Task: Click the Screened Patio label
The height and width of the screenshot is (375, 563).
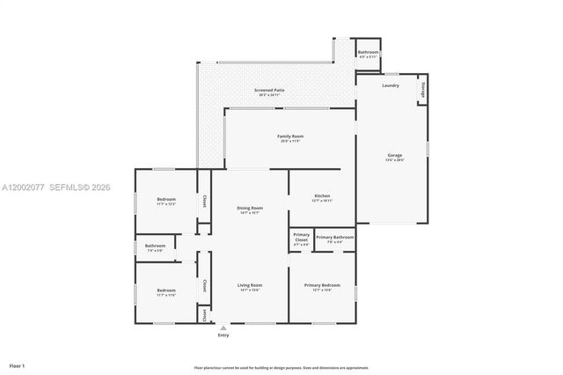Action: tap(269, 91)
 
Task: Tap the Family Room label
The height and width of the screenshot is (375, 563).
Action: tap(290, 137)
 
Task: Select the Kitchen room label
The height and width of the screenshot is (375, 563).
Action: tap(322, 196)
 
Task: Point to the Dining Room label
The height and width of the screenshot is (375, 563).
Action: tap(250, 209)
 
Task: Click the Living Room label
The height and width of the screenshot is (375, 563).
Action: tap(250, 286)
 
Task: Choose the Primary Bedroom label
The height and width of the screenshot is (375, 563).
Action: tap(322, 286)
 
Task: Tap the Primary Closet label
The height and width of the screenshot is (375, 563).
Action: tap(301, 238)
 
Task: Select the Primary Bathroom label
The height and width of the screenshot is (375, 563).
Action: tap(335, 238)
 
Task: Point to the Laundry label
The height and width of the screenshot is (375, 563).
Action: tap(391, 85)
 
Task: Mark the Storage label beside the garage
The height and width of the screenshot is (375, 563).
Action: tap(423, 89)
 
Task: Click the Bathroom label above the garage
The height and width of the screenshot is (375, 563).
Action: tap(368, 53)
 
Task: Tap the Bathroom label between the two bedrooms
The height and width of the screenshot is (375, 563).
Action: tap(155, 246)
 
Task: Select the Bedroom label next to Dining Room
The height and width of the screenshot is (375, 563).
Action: tap(166, 201)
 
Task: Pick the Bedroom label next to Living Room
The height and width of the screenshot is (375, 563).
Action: tap(166, 291)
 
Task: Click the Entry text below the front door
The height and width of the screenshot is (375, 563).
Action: tap(223, 335)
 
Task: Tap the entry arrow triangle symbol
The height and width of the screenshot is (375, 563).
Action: tap(223, 328)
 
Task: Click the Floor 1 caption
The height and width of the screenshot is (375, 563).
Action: tap(17, 364)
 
